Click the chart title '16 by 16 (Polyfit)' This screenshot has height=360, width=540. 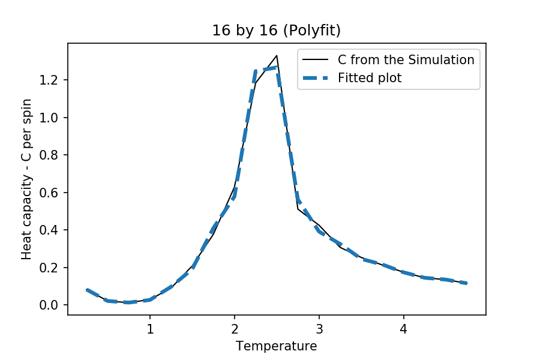(x=276, y=31)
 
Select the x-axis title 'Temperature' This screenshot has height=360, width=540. (x=276, y=346)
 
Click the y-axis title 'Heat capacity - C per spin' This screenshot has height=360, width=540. (x=26, y=179)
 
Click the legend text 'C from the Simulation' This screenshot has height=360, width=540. (x=406, y=60)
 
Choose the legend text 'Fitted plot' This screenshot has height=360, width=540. (x=370, y=77)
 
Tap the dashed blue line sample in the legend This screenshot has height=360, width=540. (x=317, y=77)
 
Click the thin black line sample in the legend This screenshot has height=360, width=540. (x=317, y=60)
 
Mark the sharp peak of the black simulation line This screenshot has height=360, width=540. (x=277, y=56)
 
